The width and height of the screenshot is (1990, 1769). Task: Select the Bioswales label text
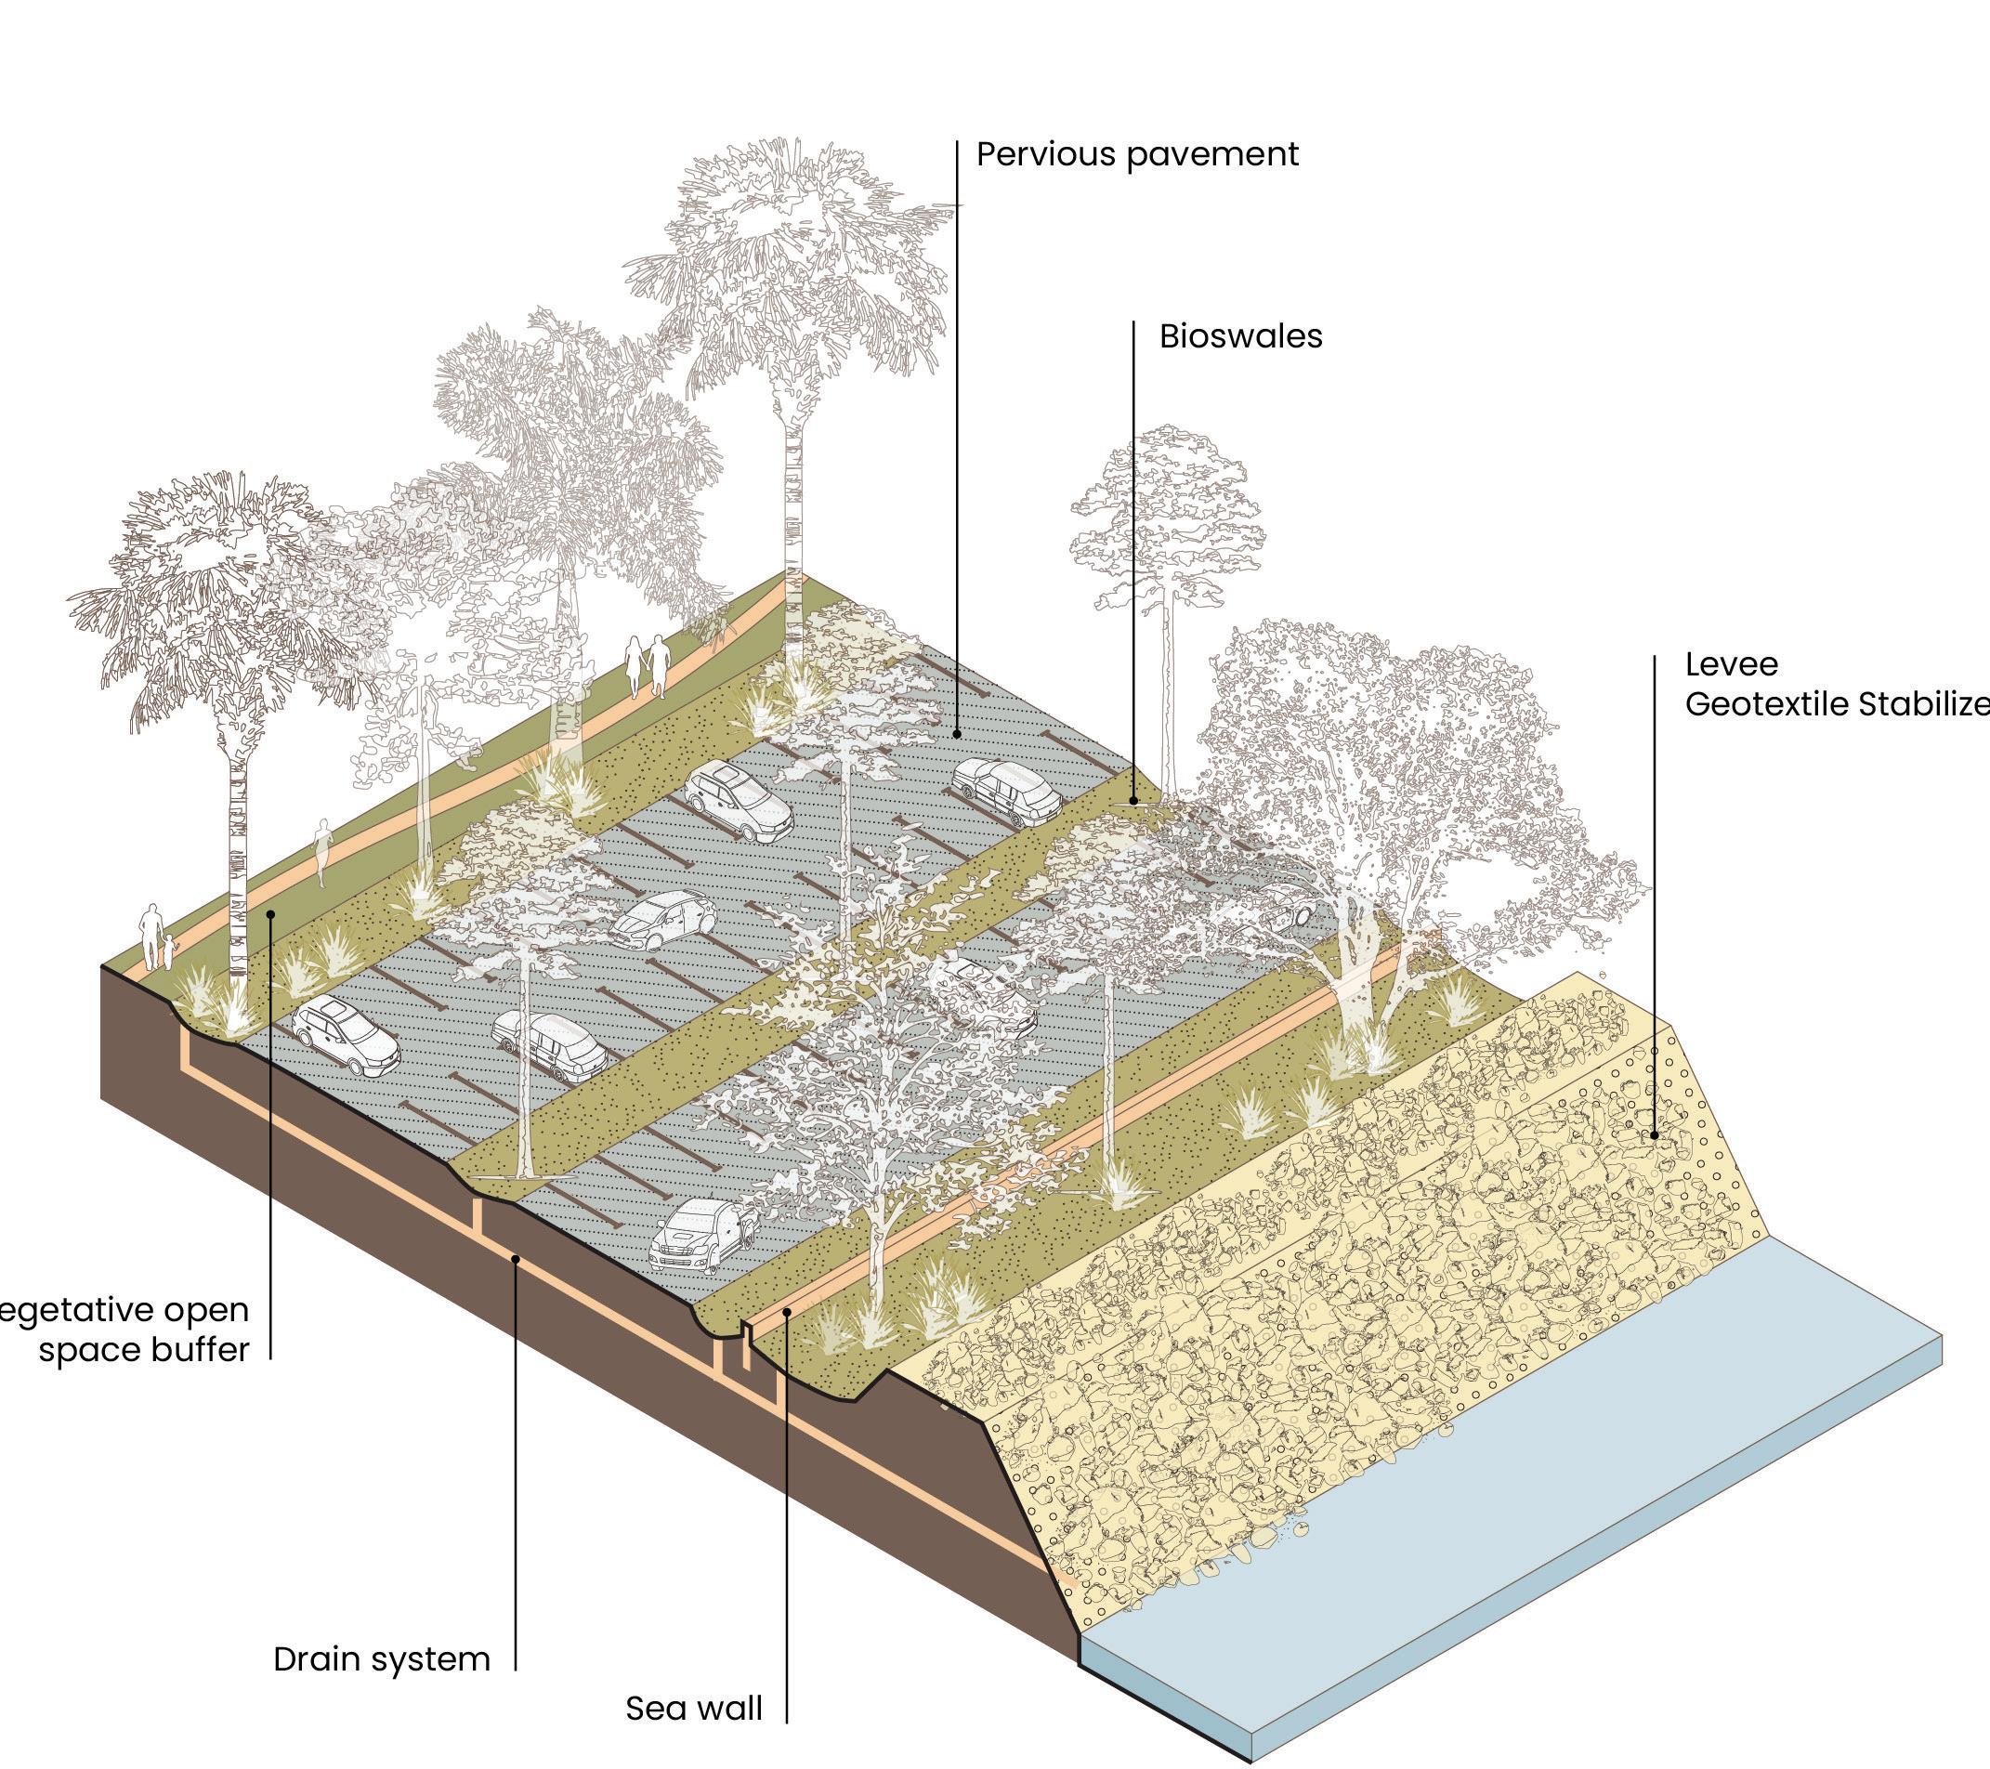pyautogui.click(x=1240, y=336)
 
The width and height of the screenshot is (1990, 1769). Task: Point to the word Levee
pyautogui.click(x=1731, y=665)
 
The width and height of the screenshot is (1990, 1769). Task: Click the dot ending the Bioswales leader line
pyautogui.click(x=1133, y=800)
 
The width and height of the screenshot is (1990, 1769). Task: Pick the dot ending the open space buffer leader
pyautogui.click(x=271, y=913)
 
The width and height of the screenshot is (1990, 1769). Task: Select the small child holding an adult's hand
pyautogui.click(x=171, y=951)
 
